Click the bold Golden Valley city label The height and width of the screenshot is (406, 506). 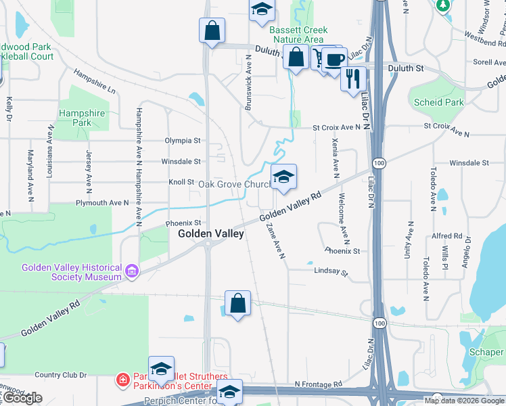point(210,233)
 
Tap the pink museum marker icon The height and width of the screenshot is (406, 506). point(132,272)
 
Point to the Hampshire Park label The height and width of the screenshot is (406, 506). point(82,118)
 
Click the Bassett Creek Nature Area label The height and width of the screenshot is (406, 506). point(298,35)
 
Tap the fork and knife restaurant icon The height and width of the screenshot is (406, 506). point(352,79)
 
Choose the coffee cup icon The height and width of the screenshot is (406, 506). point(334,59)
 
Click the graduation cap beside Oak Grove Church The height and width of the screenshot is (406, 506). point(283,177)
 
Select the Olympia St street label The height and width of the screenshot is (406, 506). point(183,141)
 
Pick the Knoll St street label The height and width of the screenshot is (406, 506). point(181,183)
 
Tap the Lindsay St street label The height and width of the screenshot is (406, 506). point(330,272)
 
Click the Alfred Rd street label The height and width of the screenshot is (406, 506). point(446,236)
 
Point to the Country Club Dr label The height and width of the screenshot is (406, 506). point(60,375)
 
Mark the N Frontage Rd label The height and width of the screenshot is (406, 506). point(318,384)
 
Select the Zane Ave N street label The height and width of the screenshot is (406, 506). point(276,241)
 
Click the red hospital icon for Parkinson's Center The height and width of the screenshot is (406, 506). point(122,380)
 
